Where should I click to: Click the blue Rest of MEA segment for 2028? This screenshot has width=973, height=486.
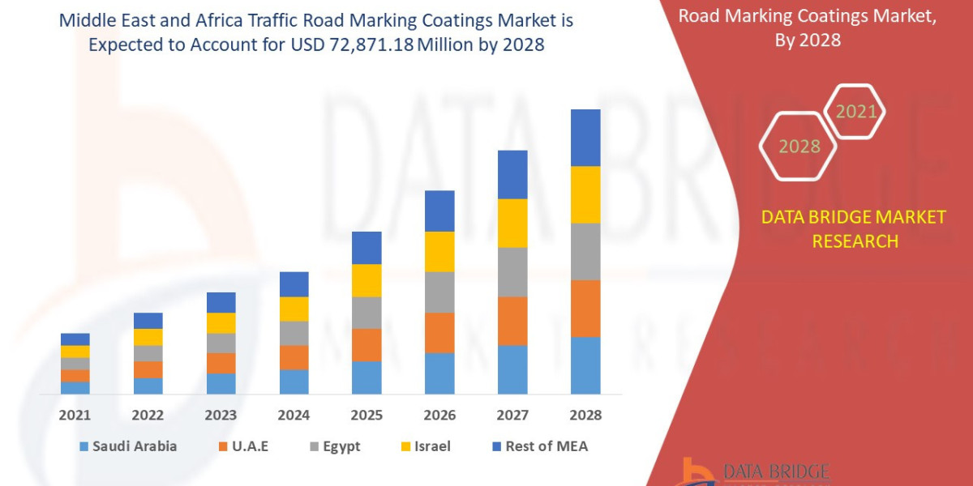[x=585, y=138]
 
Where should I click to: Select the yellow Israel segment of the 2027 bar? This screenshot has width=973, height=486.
[x=512, y=223]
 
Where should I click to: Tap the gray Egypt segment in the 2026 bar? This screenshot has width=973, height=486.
[x=439, y=292]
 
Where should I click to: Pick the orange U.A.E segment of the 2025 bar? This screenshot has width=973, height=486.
[x=366, y=344]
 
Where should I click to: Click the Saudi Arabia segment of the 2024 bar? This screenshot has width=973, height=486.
[x=294, y=382]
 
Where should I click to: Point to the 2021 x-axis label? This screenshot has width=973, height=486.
[x=75, y=415]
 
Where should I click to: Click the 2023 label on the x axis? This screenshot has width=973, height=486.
[x=221, y=415]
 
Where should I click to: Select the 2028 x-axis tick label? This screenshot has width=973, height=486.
[x=585, y=415]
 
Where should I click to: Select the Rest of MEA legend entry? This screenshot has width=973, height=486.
[x=538, y=446]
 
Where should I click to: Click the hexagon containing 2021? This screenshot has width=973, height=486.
[x=855, y=111]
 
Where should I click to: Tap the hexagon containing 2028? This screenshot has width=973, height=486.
[x=799, y=147]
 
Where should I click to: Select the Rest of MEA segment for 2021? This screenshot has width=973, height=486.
[x=75, y=339]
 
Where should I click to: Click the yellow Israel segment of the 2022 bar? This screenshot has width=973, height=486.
[x=148, y=337]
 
